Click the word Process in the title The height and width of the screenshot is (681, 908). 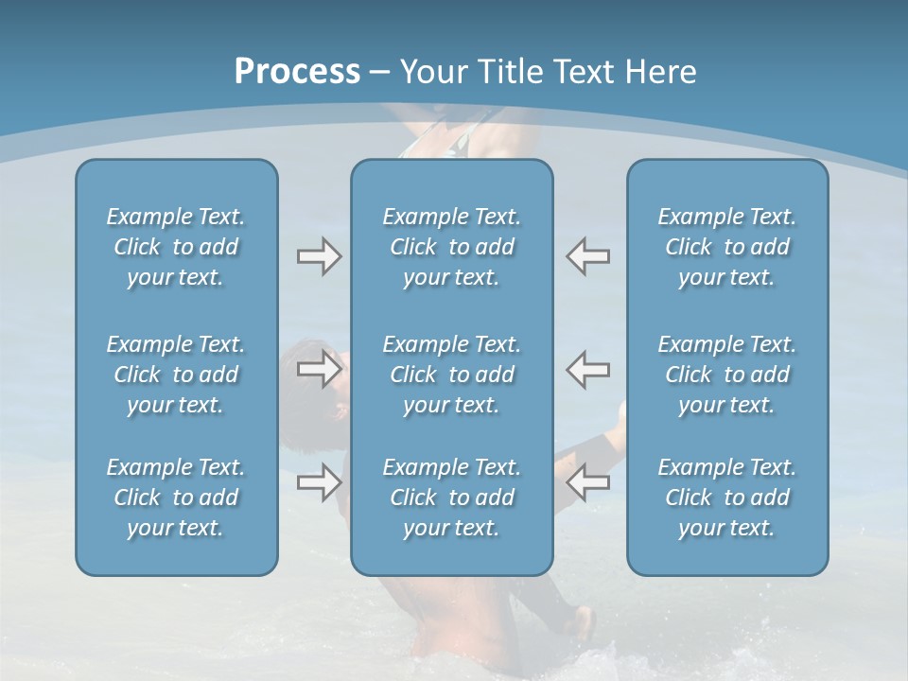(297, 72)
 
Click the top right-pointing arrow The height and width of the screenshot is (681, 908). (319, 256)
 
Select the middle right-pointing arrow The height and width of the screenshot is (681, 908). (319, 368)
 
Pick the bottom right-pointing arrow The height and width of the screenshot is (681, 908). (319, 482)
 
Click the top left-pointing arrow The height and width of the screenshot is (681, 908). (588, 256)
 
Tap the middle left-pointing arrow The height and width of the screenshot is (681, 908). (588, 368)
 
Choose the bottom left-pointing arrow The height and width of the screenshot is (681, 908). (588, 482)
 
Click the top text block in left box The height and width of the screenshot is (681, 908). (176, 247)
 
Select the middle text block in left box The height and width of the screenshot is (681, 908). (176, 375)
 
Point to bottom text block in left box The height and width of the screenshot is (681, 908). (176, 498)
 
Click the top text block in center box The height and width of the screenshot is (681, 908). (451, 247)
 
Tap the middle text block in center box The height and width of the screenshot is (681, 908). (451, 375)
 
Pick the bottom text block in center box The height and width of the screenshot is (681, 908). (451, 498)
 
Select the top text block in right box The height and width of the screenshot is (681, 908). (726, 247)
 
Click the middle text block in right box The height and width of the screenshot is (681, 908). (726, 375)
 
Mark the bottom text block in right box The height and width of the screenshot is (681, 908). (726, 498)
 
